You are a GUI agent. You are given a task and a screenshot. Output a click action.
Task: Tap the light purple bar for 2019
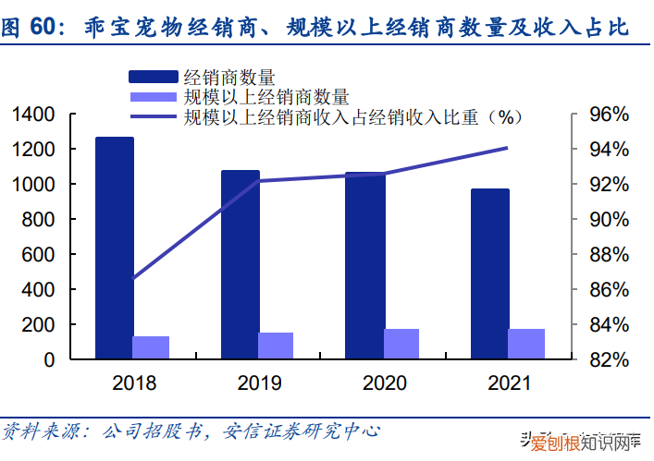276,346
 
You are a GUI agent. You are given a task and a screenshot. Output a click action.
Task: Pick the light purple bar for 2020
401,344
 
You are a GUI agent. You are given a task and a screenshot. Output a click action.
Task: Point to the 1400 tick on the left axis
34,115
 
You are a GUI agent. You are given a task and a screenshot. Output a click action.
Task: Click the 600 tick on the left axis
41,255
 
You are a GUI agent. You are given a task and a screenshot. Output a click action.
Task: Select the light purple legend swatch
154,95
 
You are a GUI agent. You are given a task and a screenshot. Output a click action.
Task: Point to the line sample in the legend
154,116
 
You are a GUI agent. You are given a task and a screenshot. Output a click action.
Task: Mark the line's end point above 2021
507,148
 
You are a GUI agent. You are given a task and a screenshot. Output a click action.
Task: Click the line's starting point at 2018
133,279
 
